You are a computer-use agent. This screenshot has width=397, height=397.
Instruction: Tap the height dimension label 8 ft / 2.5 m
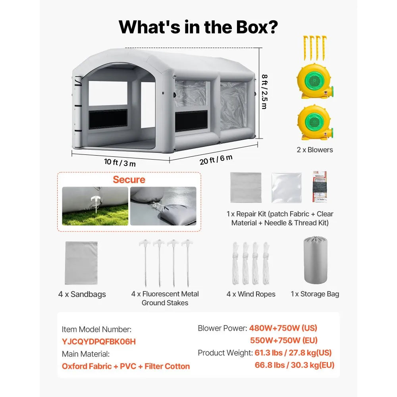point(264,92)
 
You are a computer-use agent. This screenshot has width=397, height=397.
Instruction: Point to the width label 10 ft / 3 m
point(120,162)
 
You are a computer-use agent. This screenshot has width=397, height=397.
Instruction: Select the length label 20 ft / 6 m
point(216,160)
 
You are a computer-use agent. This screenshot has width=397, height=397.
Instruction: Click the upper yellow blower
point(315,81)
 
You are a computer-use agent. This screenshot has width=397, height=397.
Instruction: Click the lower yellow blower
point(315,123)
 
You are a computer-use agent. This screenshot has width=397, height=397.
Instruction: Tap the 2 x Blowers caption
point(315,150)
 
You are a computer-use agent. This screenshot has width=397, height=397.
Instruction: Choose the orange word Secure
point(129,179)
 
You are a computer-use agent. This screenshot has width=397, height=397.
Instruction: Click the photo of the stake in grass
point(95,206)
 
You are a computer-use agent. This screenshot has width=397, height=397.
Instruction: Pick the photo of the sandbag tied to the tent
point(163,206)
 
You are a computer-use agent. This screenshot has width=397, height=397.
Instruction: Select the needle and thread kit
point(320,187)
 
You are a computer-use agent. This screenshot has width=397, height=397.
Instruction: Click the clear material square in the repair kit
point(286,188)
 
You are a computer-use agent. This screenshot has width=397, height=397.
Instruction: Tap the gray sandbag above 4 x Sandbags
point(81,263)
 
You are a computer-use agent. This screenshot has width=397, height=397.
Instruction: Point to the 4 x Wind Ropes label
point(251,294)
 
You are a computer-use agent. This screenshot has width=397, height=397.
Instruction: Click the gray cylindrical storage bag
point(315,260)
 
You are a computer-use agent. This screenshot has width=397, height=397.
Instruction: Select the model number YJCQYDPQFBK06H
point(99,341)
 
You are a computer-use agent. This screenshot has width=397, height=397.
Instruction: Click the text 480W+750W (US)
point(283,328)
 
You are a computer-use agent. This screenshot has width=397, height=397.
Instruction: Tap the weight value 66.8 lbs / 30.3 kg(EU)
point(295,365)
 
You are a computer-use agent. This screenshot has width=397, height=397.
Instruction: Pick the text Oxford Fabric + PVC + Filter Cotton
point(126,366)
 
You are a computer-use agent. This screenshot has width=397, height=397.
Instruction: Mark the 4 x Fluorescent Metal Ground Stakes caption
point(165,298)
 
